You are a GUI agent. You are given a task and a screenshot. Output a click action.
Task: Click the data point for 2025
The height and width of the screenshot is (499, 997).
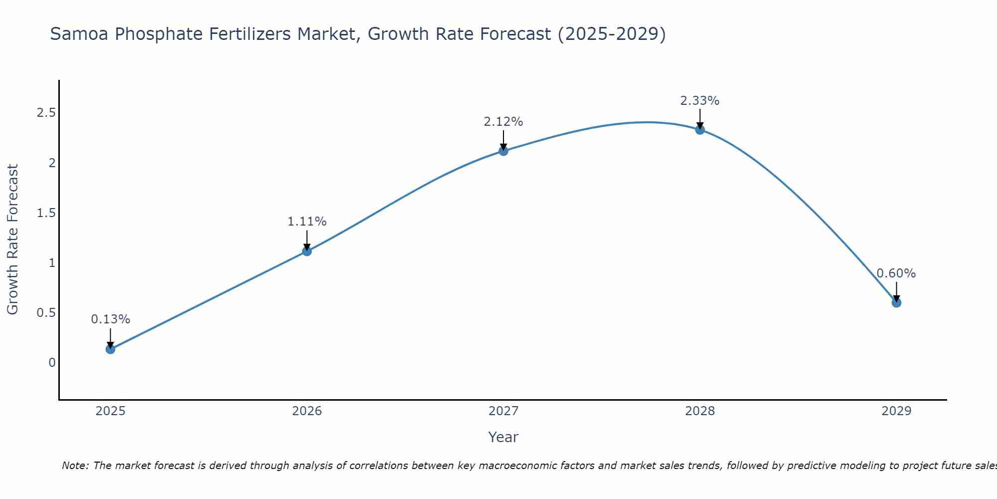click(111, 349)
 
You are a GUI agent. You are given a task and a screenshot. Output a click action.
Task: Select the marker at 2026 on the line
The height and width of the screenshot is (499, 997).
click(307, 251)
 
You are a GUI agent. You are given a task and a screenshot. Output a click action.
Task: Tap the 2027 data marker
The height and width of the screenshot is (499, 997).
click(503, 151)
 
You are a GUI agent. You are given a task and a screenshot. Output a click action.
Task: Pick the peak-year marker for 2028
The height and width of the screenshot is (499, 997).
click(700, 130)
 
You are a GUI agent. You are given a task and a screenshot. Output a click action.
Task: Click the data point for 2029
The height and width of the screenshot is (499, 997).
click(896, 302)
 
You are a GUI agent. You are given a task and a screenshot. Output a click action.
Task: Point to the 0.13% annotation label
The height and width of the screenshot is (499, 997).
click(111, 319)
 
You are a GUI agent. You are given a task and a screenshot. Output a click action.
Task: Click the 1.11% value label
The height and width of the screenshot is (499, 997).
click(307, 222)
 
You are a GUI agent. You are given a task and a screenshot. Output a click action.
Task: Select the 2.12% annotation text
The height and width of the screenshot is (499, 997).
click(503, 122)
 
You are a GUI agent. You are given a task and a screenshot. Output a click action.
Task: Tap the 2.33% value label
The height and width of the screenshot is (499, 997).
click(700, 101)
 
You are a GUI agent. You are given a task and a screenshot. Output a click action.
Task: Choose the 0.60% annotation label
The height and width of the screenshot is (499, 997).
click(896, 273)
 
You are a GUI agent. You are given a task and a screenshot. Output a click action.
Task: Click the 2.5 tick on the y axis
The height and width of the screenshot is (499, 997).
click(46, 113)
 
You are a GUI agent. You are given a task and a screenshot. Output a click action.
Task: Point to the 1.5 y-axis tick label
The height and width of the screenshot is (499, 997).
click(46, 213)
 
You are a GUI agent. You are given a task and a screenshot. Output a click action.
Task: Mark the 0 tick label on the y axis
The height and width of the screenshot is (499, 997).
click(52, 363)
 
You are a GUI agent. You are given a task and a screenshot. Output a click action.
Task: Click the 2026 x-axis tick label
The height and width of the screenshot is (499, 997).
click(307, 411)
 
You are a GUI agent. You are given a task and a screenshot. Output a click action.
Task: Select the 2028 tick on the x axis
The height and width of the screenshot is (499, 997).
click(700, 411)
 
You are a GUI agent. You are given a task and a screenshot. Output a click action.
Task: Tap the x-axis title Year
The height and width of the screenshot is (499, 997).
click(503, 437)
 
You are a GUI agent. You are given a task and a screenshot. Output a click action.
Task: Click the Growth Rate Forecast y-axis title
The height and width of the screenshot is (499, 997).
click(13, 240)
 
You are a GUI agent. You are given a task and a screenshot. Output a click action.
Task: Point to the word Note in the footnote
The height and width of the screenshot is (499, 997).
click(75, 466)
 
